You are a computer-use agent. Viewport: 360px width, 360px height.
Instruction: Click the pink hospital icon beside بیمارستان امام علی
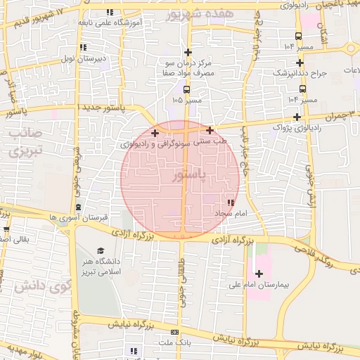point(259,273)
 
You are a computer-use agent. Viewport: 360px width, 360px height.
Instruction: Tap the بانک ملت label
point(176,342)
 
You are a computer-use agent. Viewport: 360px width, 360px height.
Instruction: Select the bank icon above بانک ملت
point(175,332)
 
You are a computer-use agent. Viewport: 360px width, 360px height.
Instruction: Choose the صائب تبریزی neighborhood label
point(27,141)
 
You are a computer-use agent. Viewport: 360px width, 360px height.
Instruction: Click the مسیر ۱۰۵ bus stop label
point(186,101)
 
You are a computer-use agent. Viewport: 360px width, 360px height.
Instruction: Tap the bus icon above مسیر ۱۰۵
point(186,89)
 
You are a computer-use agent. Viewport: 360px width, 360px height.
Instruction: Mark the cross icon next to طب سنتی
point(210,130)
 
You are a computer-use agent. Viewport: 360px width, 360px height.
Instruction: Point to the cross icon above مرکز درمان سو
point(187,52)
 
